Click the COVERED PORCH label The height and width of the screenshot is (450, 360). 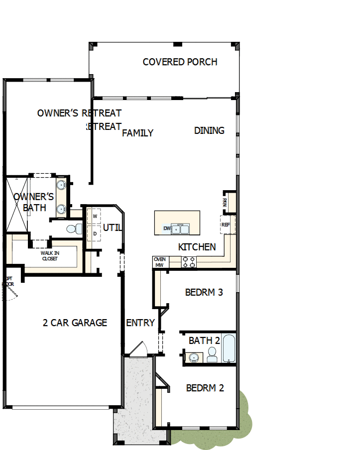tap(180, 62)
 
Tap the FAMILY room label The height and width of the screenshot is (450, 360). tap(137, 133)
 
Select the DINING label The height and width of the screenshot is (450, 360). tap(209, 130)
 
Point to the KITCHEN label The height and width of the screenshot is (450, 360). tap(197, 247)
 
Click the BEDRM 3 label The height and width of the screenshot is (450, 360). tap(204, 292)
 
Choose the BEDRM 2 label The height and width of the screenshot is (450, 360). tap(205, 388)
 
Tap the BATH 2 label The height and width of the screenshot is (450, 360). tap(204, 341)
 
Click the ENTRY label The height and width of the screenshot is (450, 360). tap(140, 323)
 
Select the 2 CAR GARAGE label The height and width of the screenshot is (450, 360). tap(75, 323)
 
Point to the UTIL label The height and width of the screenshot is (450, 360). tap(112, 227)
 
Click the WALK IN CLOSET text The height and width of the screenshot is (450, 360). tap(50, 256)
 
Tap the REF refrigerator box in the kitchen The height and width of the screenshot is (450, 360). tap(226, 225)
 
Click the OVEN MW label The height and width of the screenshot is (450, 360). tap(160, 262)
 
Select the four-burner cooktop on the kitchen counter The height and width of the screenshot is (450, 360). tap(189, 262)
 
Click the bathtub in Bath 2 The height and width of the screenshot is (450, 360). tap(229, 349)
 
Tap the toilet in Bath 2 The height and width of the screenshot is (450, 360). tap(212, 354)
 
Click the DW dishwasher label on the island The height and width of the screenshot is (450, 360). tap(167, 229)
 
